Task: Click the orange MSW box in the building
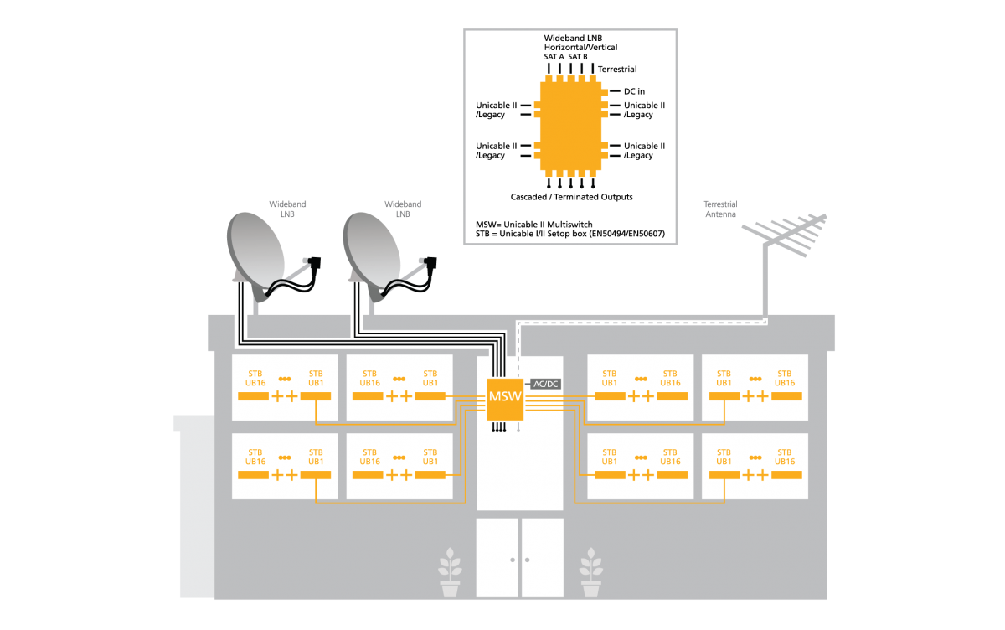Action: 505,397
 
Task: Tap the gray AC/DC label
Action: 545,384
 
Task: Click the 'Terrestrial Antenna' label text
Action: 719,209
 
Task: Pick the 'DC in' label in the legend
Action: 634,90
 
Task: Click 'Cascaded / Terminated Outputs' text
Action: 571,197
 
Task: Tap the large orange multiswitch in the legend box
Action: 570,125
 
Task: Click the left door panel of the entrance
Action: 497,558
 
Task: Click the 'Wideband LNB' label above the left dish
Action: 286,209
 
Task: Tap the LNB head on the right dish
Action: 431,262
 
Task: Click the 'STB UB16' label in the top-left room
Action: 255,378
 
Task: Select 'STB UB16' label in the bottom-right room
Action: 784,456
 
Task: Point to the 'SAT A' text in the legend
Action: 554,56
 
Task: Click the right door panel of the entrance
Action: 542,558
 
